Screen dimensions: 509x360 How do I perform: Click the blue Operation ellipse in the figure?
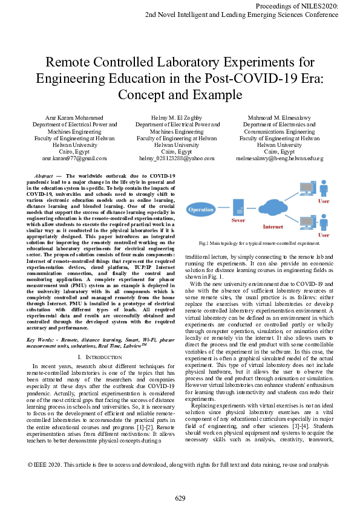[x=202, y=210]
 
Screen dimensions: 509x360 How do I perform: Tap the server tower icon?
[x=239, y=207]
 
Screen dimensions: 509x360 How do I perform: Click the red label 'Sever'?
[x=238, y=222]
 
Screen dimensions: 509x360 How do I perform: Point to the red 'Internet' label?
[x=272, y=227]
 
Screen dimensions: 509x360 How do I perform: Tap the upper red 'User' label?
[x=324, y=201]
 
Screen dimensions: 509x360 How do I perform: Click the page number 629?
[x=180, y=498]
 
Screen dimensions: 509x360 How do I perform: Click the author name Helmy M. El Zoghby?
[x=177, y=116]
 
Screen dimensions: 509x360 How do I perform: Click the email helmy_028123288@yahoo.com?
[x=177, y=158]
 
